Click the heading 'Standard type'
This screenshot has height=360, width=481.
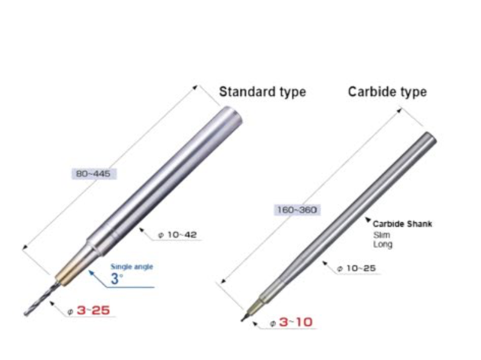262,92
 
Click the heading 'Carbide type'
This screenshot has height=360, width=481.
387,92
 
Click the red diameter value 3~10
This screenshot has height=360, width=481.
295,322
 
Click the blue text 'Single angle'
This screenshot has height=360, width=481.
131,266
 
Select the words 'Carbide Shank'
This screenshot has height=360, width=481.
402,224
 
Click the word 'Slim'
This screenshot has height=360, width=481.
380,235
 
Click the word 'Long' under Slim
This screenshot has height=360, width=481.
382,244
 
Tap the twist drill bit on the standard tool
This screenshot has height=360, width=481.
39,300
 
